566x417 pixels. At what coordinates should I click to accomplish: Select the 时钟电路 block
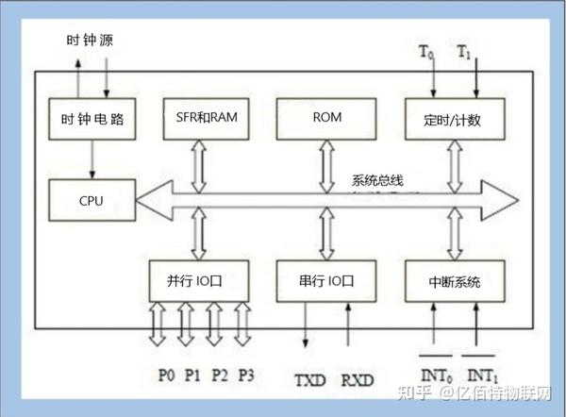(92, 119)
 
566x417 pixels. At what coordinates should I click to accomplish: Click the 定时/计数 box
(455, 119)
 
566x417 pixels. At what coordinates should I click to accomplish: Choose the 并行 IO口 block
(200, 280)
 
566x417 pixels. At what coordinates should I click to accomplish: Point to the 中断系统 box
(454, 280)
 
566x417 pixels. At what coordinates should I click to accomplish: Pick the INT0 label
(435, 378)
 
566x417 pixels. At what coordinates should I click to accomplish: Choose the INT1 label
(483, 378)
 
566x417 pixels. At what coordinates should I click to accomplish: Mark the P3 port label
(245, 375)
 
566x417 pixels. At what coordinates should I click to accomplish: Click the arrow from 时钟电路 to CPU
(92, 161)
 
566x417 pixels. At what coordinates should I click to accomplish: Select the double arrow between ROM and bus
(326, 162)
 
